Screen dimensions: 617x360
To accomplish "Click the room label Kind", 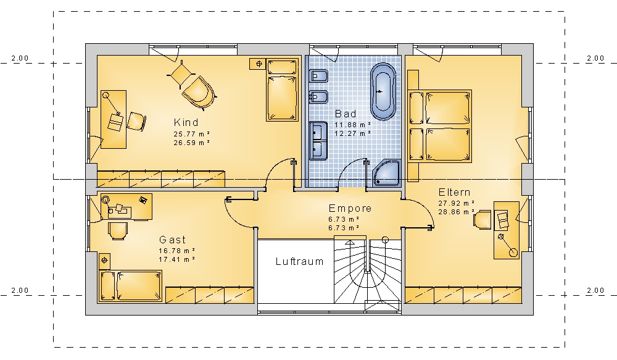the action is pyautogui.click(x=186, y=122).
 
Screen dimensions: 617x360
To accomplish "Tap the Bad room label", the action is pyautogui.click(x=346, y=114).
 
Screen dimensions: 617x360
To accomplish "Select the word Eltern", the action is pyautogui.click(x=455, y=192).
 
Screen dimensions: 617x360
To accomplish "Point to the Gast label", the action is pyautogui.click(x=172, y=240).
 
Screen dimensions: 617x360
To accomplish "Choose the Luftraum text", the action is pyautogui.click(x=299, y=261).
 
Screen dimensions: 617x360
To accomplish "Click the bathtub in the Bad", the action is pyautogui.click(x=383, y=91).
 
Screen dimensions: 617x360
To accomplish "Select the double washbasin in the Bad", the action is pyautogui.click(x=318, y=141).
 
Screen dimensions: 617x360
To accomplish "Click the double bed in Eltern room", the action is pyautogui.click(x=439, y=126).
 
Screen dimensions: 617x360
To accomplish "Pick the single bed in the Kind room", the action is pyautogui.click(x=282, y=90).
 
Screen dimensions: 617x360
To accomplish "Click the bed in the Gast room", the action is pyautogui.click(x=130, y=286).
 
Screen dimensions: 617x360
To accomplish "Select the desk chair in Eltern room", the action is pyautogui.click(x=482, y=219).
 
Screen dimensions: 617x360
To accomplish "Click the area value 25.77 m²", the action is pyautogui.click(x=192, y=134).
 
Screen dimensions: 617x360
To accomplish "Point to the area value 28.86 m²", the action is pyautogui.click(x=457, y=212).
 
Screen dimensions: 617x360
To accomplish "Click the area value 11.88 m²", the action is pyautogui.click(x=353, y=125).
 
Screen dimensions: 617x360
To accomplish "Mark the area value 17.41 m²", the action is pyautogui.click(x=177, y=259).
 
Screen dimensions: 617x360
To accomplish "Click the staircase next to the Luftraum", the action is pyautogui.click(x=368, y=272).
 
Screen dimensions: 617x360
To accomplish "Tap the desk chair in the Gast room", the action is pyautogui.click(x=118, y=231).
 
